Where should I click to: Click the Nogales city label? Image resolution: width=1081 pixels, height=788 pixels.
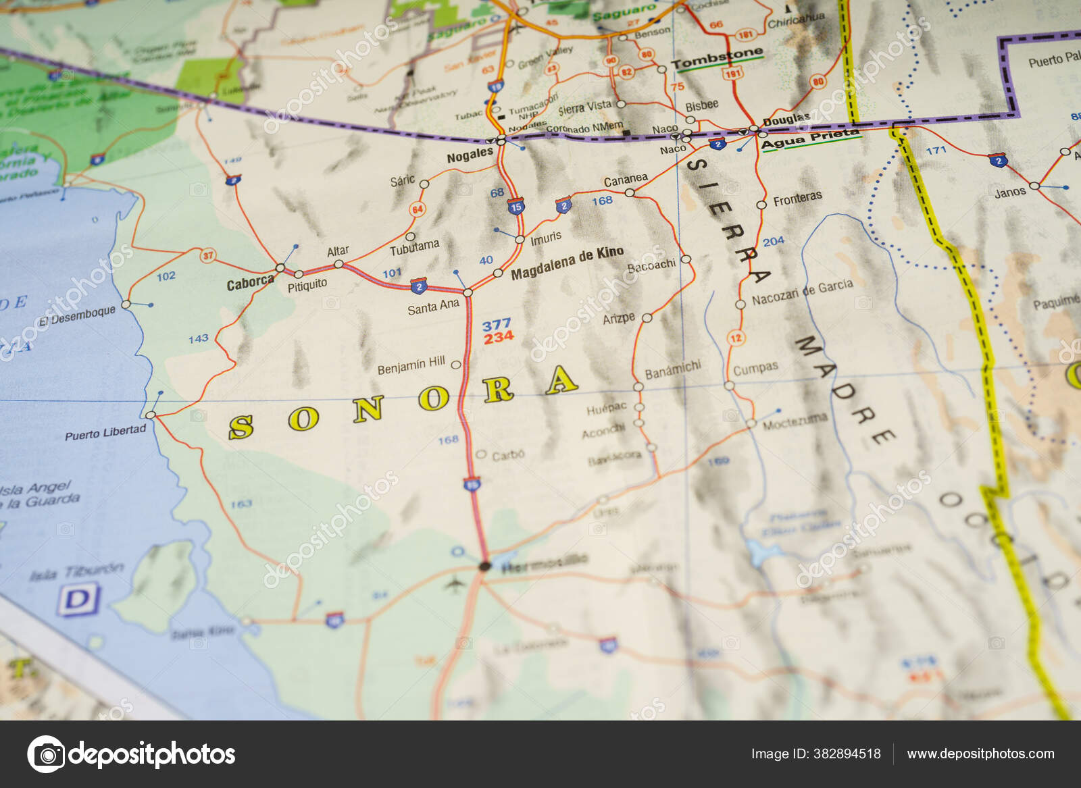pyautogui.click(x=470, y=155)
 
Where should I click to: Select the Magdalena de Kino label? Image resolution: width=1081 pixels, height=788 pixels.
pyautogui.click(x=567, y=263)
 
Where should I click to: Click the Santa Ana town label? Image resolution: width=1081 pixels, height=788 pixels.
pyautogui.click(x=433, y=307)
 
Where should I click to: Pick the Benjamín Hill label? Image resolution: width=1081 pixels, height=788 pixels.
pyautogui.click(x=411, y=366)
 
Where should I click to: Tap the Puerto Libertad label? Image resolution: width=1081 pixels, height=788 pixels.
pyautogui.click(x=105, y=433)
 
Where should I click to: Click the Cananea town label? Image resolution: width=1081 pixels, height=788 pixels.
pyautogui.click(x=625, y=180)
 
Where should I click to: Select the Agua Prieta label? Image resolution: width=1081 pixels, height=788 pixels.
pyautogui.click(x=809, y=139)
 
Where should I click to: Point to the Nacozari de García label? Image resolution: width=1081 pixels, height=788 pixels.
pyautogui.click(x=802, y=292)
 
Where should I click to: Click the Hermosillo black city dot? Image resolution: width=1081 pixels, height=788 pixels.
pyautogui.click(x=484, y=566)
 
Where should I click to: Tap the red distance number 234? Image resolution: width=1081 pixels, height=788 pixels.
pyautogui.click(x=499, y=338)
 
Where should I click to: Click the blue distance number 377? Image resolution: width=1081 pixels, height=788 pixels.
pyautogui.click(x=497, y=325)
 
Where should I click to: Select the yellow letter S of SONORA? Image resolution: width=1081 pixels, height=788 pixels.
pyautogui.click(x=241, y=427)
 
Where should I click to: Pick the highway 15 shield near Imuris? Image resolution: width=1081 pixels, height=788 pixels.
pyautogui.click(x=516, y=207)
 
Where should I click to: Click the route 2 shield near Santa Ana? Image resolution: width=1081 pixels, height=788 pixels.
pyautogui.click(x=419, y=286)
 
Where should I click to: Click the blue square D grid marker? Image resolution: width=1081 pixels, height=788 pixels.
pyautogui.click(x=79, y=600)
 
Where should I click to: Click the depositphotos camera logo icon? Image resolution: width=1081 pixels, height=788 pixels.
pyautogui.click(x=46, y=754)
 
